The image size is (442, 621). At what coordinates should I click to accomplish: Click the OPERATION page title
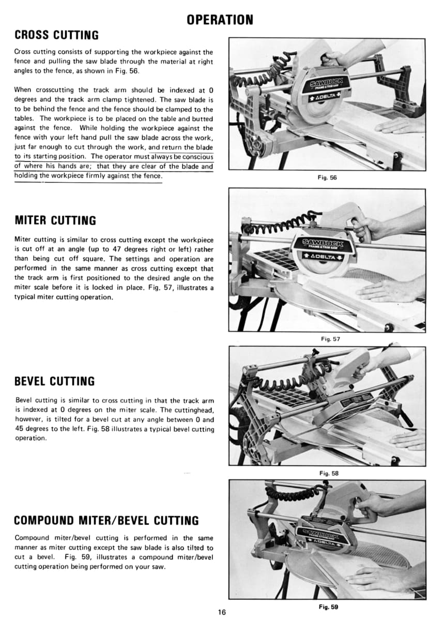coord(220,20)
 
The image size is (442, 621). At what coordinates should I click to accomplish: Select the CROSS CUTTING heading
coord(56,36)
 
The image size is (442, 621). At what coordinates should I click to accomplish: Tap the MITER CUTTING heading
coord(55,220)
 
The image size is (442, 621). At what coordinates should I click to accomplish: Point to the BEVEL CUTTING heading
coord(55,381)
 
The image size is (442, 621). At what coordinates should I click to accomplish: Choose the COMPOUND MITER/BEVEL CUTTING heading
coord(106,521)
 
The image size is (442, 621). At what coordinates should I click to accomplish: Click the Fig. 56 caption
coord(327,178)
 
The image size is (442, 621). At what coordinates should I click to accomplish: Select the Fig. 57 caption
coord(327,339)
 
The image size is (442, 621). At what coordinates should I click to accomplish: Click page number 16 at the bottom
coord(222,612)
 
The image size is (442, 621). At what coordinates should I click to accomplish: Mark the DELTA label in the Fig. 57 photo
coord(323,257)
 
